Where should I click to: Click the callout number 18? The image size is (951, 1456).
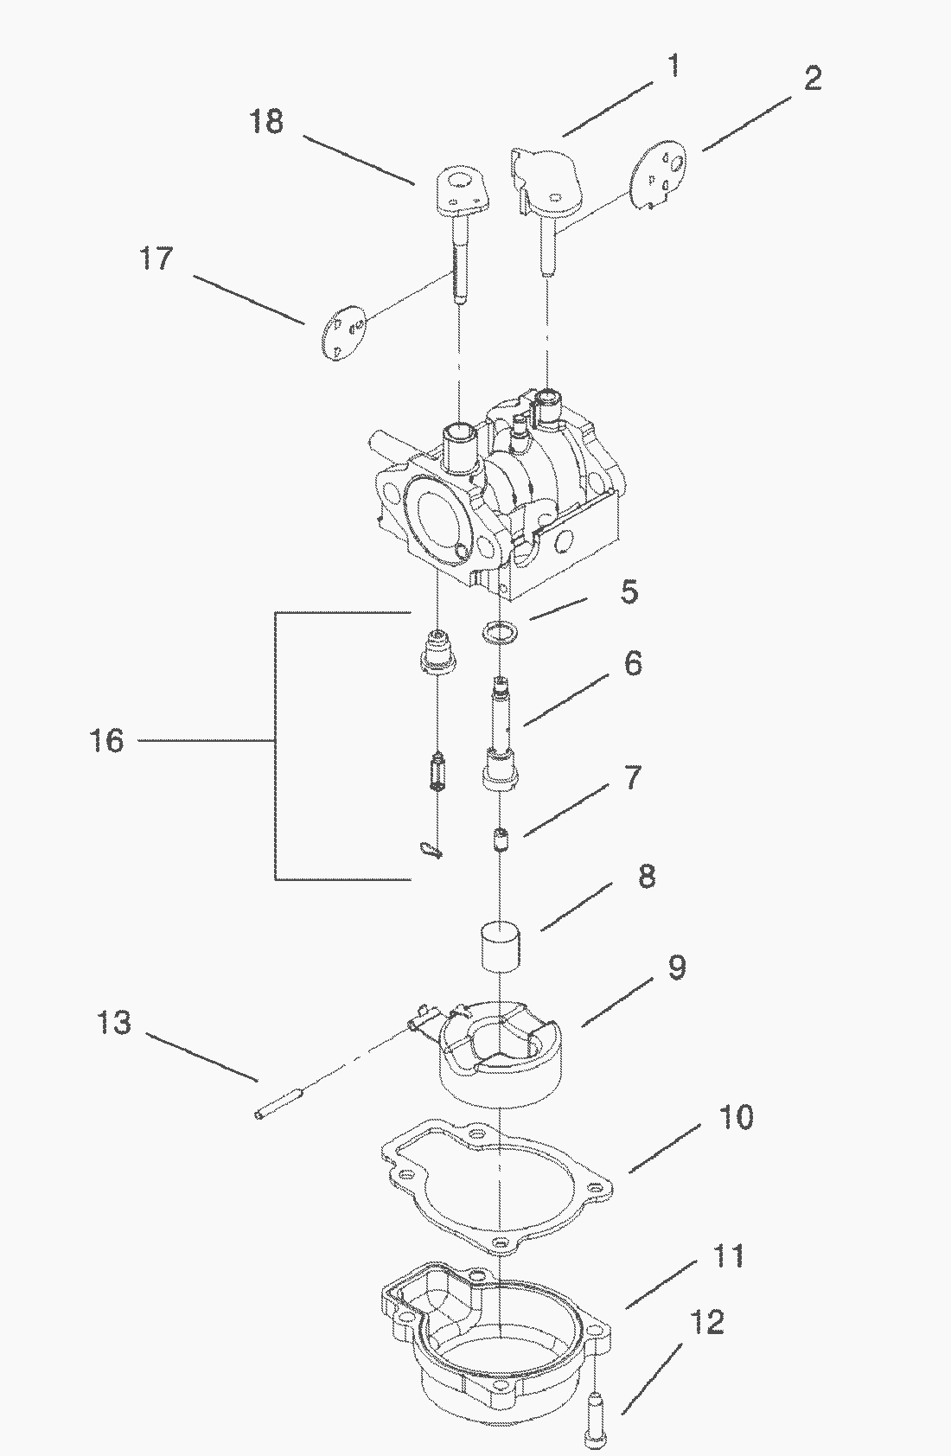point(267,122)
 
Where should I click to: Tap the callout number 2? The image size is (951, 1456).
point(813,79)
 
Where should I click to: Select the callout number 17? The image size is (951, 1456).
point(156,259)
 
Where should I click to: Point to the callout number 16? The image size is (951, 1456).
point(106,741)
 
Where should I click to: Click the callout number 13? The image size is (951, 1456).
point(114,1023)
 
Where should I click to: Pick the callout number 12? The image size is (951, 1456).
point(706,1323)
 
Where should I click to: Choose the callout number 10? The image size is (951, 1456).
point(736,1117)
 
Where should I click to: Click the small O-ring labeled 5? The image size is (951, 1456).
point(500,631)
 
